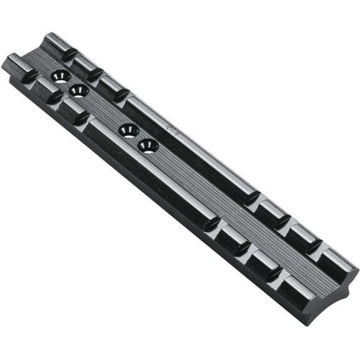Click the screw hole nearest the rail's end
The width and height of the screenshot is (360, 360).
click(x=60, y=75)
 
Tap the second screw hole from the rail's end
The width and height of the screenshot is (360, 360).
click(x=78, y=90)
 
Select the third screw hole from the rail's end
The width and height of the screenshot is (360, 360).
click(x=129, y=130)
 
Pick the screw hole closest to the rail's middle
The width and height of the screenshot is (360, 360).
click(x=148, y=145)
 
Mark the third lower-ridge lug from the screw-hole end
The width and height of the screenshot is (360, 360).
click(x=73, y=107)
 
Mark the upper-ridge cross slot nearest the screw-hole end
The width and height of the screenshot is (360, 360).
click(x=73, y=57)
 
